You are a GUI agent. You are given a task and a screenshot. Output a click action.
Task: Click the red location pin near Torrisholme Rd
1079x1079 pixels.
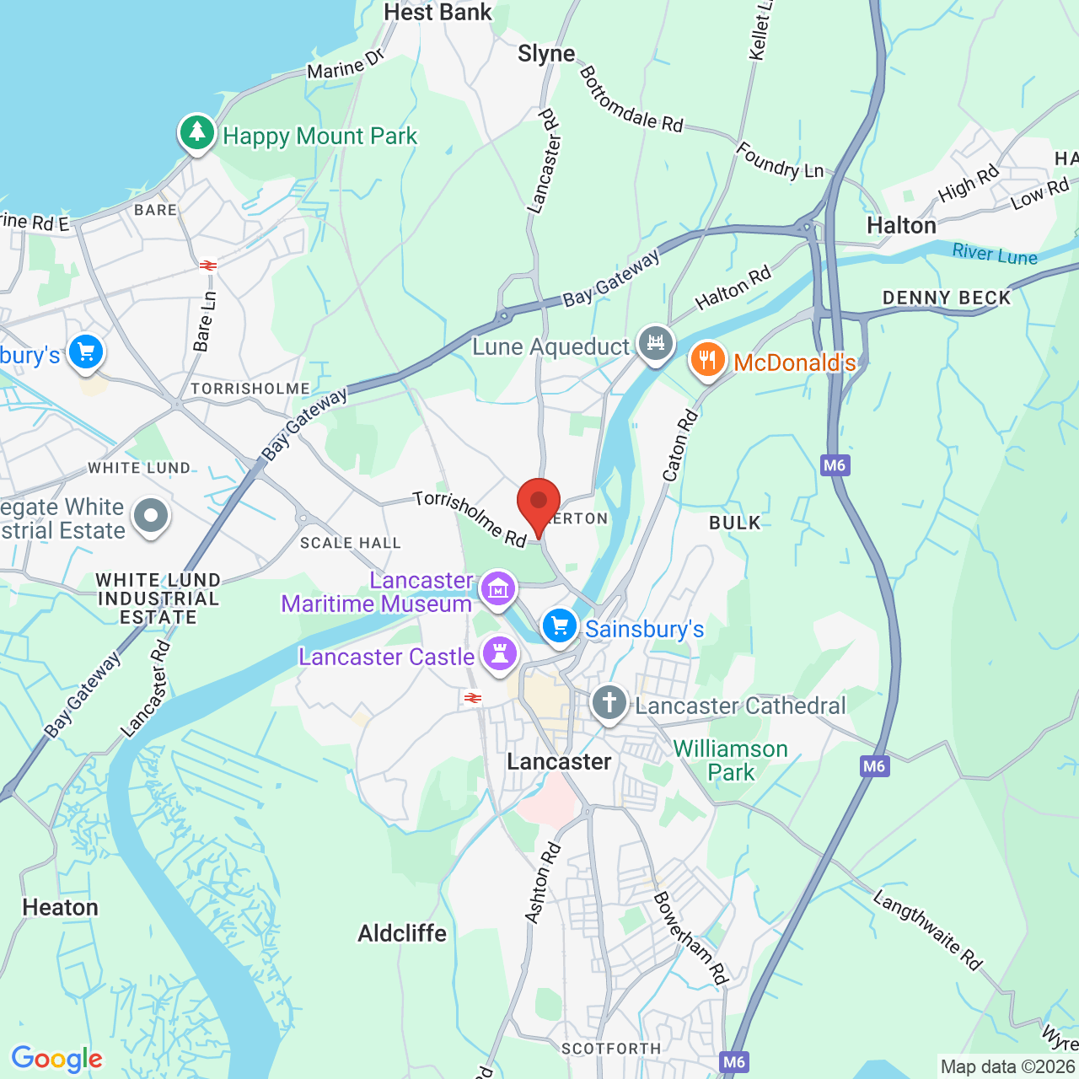pos(538,502)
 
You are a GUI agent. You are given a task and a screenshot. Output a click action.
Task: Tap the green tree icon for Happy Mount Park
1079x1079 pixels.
pos(197,133)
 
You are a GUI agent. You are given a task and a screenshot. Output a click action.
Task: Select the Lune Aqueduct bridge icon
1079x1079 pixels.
pos(655,344)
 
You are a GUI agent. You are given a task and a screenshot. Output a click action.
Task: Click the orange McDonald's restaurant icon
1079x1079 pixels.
pos(707,360)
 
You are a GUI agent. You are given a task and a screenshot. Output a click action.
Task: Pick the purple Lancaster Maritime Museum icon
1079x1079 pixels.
pos(498,589)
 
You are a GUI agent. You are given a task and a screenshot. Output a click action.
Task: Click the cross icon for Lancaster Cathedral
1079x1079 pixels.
pos(609,702)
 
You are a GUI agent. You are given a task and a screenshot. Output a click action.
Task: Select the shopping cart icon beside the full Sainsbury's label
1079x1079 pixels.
pos(559,626)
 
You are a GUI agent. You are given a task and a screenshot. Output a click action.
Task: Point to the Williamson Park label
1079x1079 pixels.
pos(730,760)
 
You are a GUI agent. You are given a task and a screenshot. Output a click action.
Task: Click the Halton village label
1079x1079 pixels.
pos(901,226)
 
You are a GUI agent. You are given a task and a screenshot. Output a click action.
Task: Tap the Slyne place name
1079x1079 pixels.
pos(546,54)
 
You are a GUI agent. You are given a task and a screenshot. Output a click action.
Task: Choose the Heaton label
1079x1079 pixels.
pos(61,908)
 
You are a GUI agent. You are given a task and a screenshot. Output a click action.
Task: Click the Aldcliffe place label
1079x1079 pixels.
pos(402,933)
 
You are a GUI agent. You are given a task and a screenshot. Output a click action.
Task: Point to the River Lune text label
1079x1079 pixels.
pos(995,254)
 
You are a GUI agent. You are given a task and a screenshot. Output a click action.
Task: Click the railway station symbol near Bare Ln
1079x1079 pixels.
pos(208,266)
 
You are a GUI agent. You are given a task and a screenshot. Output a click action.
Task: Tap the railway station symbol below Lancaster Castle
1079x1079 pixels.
pos(473,698)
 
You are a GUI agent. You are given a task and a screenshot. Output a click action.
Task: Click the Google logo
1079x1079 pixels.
pos(57,1059)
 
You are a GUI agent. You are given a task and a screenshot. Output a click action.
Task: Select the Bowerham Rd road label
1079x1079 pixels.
pos(690,937)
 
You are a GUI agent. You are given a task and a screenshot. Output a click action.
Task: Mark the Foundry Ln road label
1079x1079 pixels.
pos(780,161)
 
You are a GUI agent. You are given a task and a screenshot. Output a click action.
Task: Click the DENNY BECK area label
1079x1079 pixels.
pos(946,298)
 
